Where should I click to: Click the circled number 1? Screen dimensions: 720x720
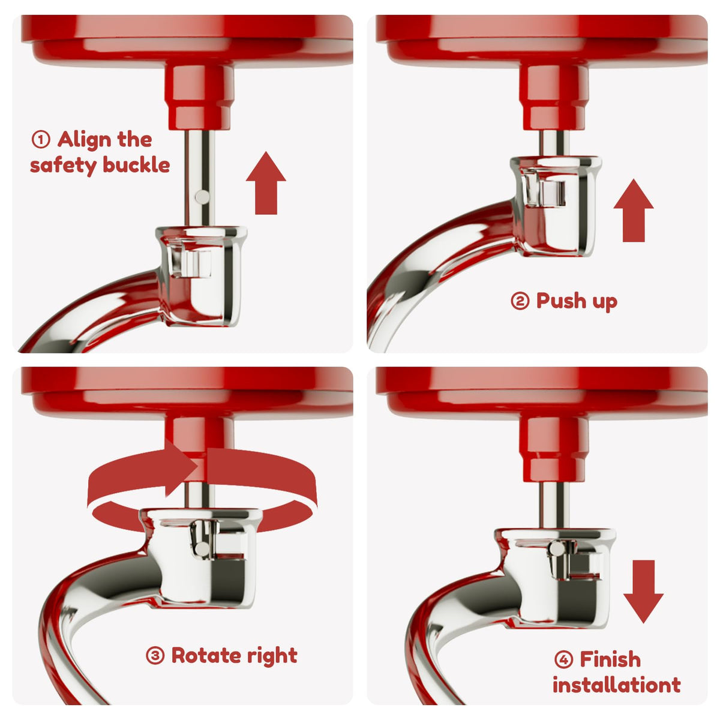pos(41,140)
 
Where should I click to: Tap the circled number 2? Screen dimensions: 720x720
pos(520,301)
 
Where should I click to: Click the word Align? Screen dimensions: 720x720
pos(84,140)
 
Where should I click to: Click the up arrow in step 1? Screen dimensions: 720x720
pos(266,183)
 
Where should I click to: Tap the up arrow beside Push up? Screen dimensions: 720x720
pos(634,211)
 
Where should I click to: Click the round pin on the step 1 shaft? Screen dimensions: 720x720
pos(202,197)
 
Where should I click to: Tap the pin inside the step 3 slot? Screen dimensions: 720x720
pos(202,548)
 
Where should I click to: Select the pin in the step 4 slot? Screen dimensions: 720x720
pos(556,548)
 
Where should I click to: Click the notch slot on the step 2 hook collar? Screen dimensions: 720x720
pos(546,191)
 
